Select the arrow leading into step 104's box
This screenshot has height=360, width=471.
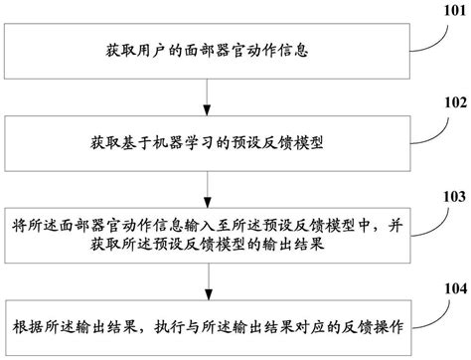[x=205, y=283]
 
